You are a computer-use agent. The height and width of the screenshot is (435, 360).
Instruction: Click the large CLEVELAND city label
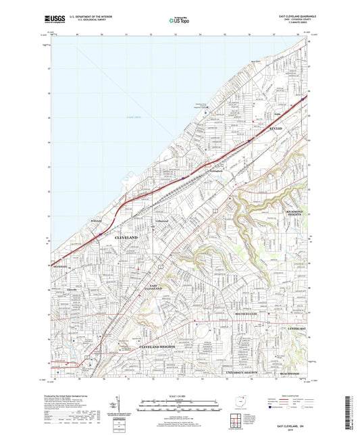tap(126, 238)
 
